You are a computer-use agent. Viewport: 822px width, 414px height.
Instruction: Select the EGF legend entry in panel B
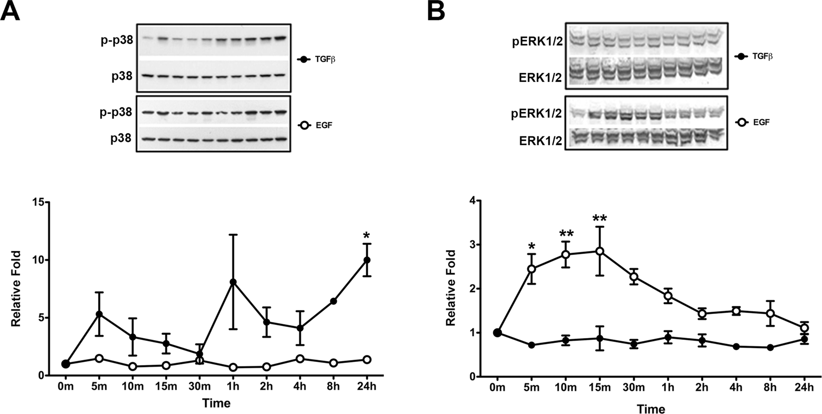753,121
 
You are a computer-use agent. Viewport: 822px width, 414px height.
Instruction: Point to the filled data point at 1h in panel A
233,282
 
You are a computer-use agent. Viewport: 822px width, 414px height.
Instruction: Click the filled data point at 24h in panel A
367,260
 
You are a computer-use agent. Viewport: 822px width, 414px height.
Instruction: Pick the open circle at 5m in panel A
99,358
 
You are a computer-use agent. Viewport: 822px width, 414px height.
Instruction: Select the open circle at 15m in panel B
599,251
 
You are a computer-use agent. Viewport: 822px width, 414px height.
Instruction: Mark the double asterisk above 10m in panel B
566,233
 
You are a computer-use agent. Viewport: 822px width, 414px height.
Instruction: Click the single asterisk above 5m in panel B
532,247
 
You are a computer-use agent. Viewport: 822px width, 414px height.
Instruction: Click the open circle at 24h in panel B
804,328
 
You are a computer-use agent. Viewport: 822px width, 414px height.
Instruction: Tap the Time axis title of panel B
650,409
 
